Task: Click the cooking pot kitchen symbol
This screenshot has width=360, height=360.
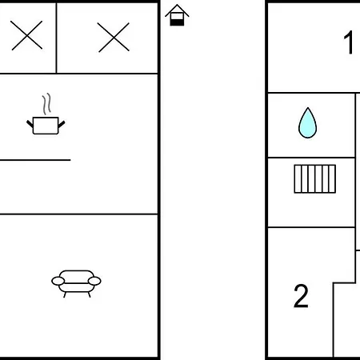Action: tap(46, 126)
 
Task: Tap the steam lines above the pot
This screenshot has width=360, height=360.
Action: tap(46, 104)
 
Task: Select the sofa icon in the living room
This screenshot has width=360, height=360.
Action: tap(76, 283)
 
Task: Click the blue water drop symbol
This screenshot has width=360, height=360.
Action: tap(307, 123)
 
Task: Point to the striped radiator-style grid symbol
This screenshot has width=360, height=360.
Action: tap(315, 178)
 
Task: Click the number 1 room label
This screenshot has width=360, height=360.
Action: tap(349, 42)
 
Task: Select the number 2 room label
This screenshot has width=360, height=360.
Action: tap(301, 296)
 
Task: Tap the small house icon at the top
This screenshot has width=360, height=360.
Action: tap(177, 15)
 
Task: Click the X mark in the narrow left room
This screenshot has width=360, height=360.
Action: tap(26, 35)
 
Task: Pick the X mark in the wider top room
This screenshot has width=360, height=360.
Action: tap(114, 38)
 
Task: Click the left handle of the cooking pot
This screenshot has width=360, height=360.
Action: tap(30, 124)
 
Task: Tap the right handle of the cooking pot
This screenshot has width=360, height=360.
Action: tap(62, 124)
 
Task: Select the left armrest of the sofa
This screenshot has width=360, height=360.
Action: tap(58, 281)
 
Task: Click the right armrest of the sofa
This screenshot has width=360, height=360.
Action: tap(94, 281)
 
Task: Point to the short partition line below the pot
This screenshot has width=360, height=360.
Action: tap(35, 160)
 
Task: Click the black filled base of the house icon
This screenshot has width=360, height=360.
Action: tap(177, 22)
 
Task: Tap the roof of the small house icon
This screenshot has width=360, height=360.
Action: tap(177, 10)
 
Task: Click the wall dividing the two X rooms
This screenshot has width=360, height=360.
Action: tap(57, 38)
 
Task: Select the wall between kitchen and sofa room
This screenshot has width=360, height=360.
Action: tap(79, 214)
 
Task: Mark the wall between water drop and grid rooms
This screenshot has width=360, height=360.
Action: tap(311, 158)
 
